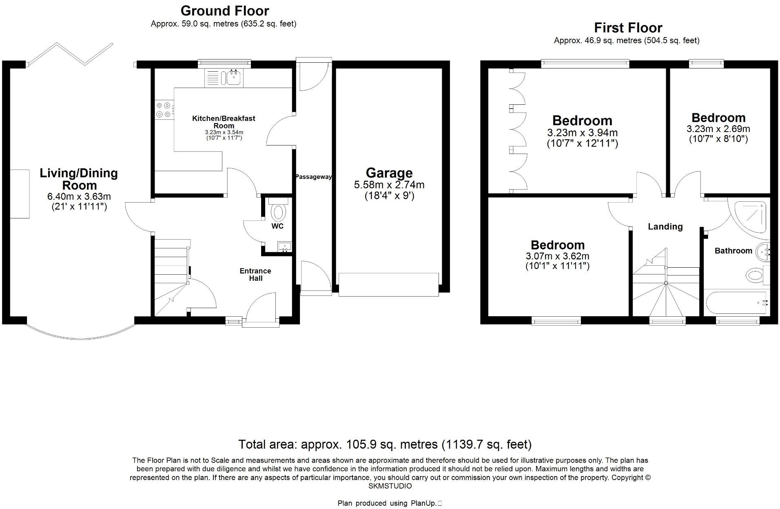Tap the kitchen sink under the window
pyautogui.click(x=234, y=77)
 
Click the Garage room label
pyautogui.click(x=389, y=173)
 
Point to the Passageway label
pyautogui.click(x=313, y=177)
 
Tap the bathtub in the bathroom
pyautogui.click(x=737, y=303)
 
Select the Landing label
pyautogui.click(x=665, y=227)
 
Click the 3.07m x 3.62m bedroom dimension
pyautogui.click(x=557, y=256)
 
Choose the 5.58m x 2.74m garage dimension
pyautogui.click(x=389, y=185)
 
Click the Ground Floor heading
pyautogui.click(x=225, y=11)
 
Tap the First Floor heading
pyautogui.click(x=628, y=28)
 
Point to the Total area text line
pyautogui.click(x=385, y=444)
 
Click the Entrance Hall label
pyautogui.click(x=255, y=274)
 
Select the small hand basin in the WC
pyautogui.click(x=284, y=246)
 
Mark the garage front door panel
pyautogui.click(x=388, y=284)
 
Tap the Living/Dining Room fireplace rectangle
pyautogui.click(x=20, y=194)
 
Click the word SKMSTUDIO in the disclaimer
pyautogui.click(x=390, y=486)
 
